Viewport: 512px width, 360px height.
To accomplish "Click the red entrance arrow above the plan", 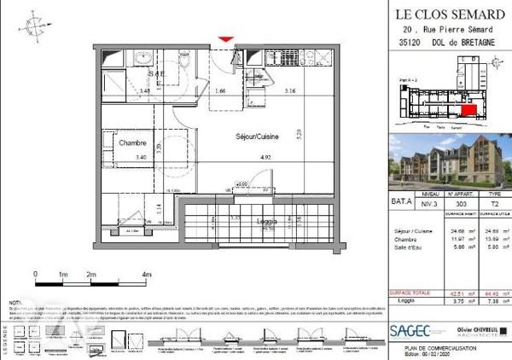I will click(x=225, y=38).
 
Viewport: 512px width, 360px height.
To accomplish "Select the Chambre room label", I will click(x=133, y=143).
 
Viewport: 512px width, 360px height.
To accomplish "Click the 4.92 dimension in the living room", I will click(x=265, y=157).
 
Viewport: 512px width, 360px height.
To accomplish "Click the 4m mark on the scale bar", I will click(x=147, y=274).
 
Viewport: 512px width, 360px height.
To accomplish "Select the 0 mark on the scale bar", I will click(x=36, y=274).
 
